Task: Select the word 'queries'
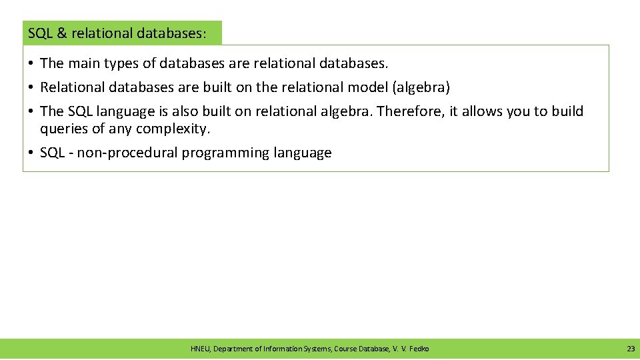click(63, 128)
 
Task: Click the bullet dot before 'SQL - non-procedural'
click(31, 153)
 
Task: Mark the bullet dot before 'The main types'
click(31, 63)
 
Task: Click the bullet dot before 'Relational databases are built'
click(31, 87)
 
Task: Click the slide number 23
click(631, 349)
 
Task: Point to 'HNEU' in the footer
click(200, 349)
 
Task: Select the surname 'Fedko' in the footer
click(419, 349)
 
